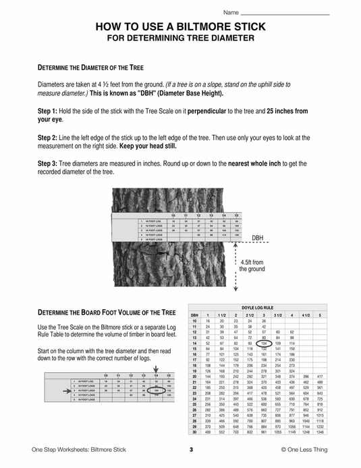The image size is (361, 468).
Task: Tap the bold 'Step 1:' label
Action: coord(47,109)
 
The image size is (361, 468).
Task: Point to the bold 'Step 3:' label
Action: coord(47,163)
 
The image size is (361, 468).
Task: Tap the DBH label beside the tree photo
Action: coord(258,238)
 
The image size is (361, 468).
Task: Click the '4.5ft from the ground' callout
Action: coord(252,265)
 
